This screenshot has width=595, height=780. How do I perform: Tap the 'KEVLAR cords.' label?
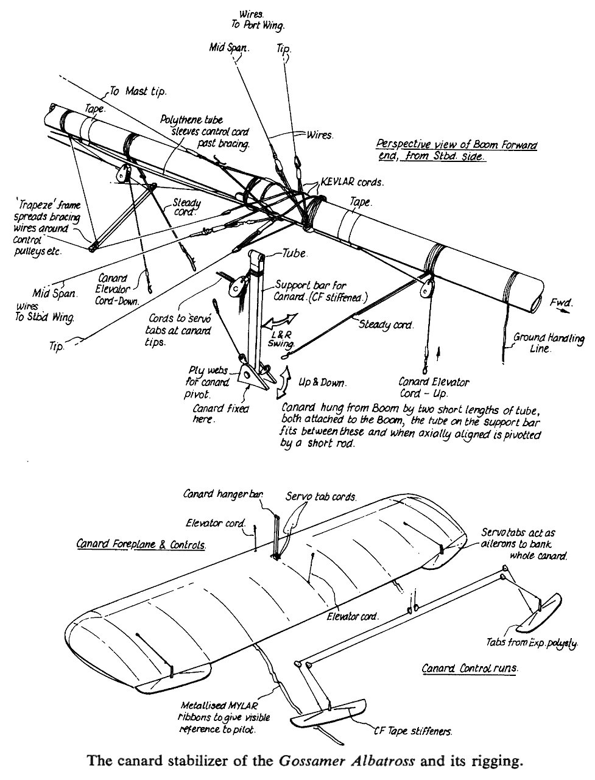351,182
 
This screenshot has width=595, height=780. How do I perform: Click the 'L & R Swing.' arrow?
283,321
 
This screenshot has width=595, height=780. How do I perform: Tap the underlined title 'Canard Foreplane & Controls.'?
141,544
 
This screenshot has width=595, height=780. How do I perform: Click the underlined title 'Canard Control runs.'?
470,669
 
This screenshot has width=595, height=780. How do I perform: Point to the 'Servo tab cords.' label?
320,497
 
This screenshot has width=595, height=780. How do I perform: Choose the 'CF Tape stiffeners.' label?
421,731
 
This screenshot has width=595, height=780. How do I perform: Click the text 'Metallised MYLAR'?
219,707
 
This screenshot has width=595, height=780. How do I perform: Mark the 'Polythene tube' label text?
192,121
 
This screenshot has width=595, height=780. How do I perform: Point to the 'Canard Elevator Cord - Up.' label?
434,388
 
